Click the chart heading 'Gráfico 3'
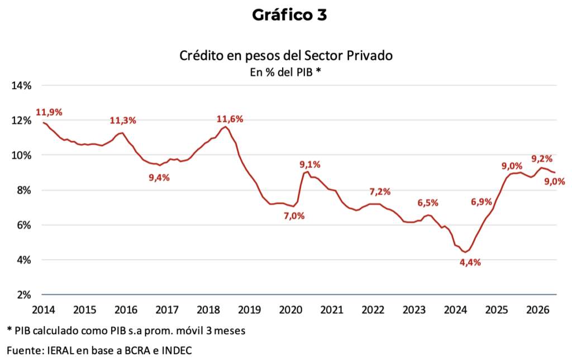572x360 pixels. (x=289, y=15)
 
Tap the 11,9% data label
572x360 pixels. (x=49, y=112)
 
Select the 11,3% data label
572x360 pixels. (x=123, y=121)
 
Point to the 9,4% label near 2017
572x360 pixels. (x=159, y=178)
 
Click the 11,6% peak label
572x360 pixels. (x=230, y=119)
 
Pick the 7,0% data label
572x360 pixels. (x=294, y=216)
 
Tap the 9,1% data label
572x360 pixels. (x=310, y=165)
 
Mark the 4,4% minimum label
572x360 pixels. (x=470, y=262)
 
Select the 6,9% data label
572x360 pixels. (x=482, y=202)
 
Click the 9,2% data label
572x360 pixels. (x=542, y=159)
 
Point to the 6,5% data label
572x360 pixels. (x=428, y=203)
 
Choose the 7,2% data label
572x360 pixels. (x=380, y=191)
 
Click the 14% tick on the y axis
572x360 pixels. (x=22, y=85)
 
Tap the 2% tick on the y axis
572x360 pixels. (x=24, y=295)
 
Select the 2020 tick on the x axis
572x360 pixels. (x=290, y=310)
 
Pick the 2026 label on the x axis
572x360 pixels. (x=538, y=310)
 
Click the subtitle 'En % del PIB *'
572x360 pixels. (x=285, y=72)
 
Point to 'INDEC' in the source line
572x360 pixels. (x=177, y=351)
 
